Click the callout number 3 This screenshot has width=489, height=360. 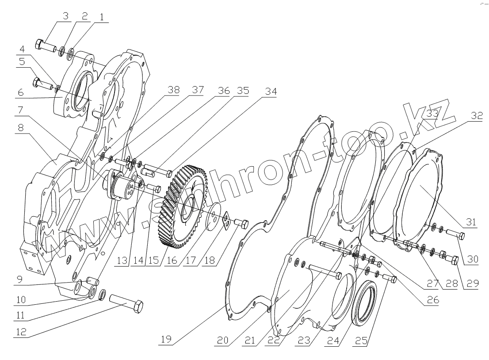point(65,16)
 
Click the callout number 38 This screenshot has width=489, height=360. point(173,90)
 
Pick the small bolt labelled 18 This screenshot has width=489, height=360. point(241,222)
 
